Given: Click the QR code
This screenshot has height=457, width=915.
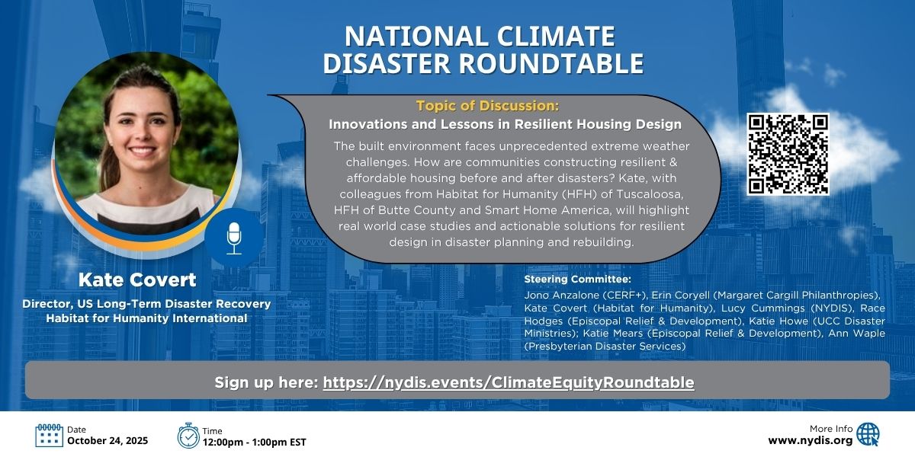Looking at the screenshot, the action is (788, 154).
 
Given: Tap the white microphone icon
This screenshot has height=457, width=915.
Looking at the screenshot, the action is (234, 238).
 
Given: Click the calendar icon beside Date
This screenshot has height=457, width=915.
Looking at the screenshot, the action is (49, 436).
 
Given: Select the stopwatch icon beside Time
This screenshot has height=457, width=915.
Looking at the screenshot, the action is (188, 436).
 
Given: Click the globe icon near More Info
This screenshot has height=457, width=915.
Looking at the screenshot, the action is (868, 435).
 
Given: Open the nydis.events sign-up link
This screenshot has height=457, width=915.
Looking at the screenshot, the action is (509, 382).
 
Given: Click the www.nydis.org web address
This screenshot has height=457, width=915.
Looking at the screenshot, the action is (811, 441).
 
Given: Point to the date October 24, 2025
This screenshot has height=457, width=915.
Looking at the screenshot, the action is (108, 441).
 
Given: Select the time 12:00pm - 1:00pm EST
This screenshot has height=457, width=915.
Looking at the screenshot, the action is (254, 442).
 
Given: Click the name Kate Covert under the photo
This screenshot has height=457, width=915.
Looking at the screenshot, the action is (137, 280).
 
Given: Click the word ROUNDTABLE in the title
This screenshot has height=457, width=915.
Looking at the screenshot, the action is (551, 63).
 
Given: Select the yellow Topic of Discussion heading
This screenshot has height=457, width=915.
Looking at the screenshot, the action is (487, 106).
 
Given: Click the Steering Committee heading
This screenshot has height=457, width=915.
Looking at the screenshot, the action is (578, 279).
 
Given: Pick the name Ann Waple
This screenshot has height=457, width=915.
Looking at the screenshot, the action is (856, 334).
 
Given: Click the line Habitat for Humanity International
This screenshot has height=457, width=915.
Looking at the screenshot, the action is (146, 318).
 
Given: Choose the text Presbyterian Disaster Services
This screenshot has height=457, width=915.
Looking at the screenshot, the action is (605, 347).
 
